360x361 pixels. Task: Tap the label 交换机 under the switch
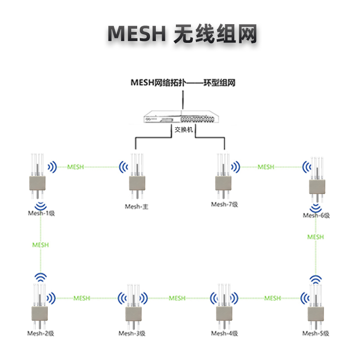pos(184,130)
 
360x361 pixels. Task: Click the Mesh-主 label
pos(137,206)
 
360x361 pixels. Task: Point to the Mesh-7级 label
pos(224,204)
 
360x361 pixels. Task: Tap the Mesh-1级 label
pos(40,213)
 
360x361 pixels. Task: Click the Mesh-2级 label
pos(40,333)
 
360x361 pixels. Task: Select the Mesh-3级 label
pos(132,333)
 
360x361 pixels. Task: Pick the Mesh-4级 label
pos(224,333)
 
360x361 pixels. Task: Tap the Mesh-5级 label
pos(316,333)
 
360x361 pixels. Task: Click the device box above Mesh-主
pos(137,183)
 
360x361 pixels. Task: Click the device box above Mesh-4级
pos(224,313)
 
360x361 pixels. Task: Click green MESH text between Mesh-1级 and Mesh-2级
pos(40,245)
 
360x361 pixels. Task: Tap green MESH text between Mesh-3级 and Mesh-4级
pos(177,298)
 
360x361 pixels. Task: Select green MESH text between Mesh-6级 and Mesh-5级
pos(315,237)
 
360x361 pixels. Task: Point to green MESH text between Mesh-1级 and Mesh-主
pos(75,167)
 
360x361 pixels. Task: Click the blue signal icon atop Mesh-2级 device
pos(41,277)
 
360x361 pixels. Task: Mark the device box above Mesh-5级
pos(316,313)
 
